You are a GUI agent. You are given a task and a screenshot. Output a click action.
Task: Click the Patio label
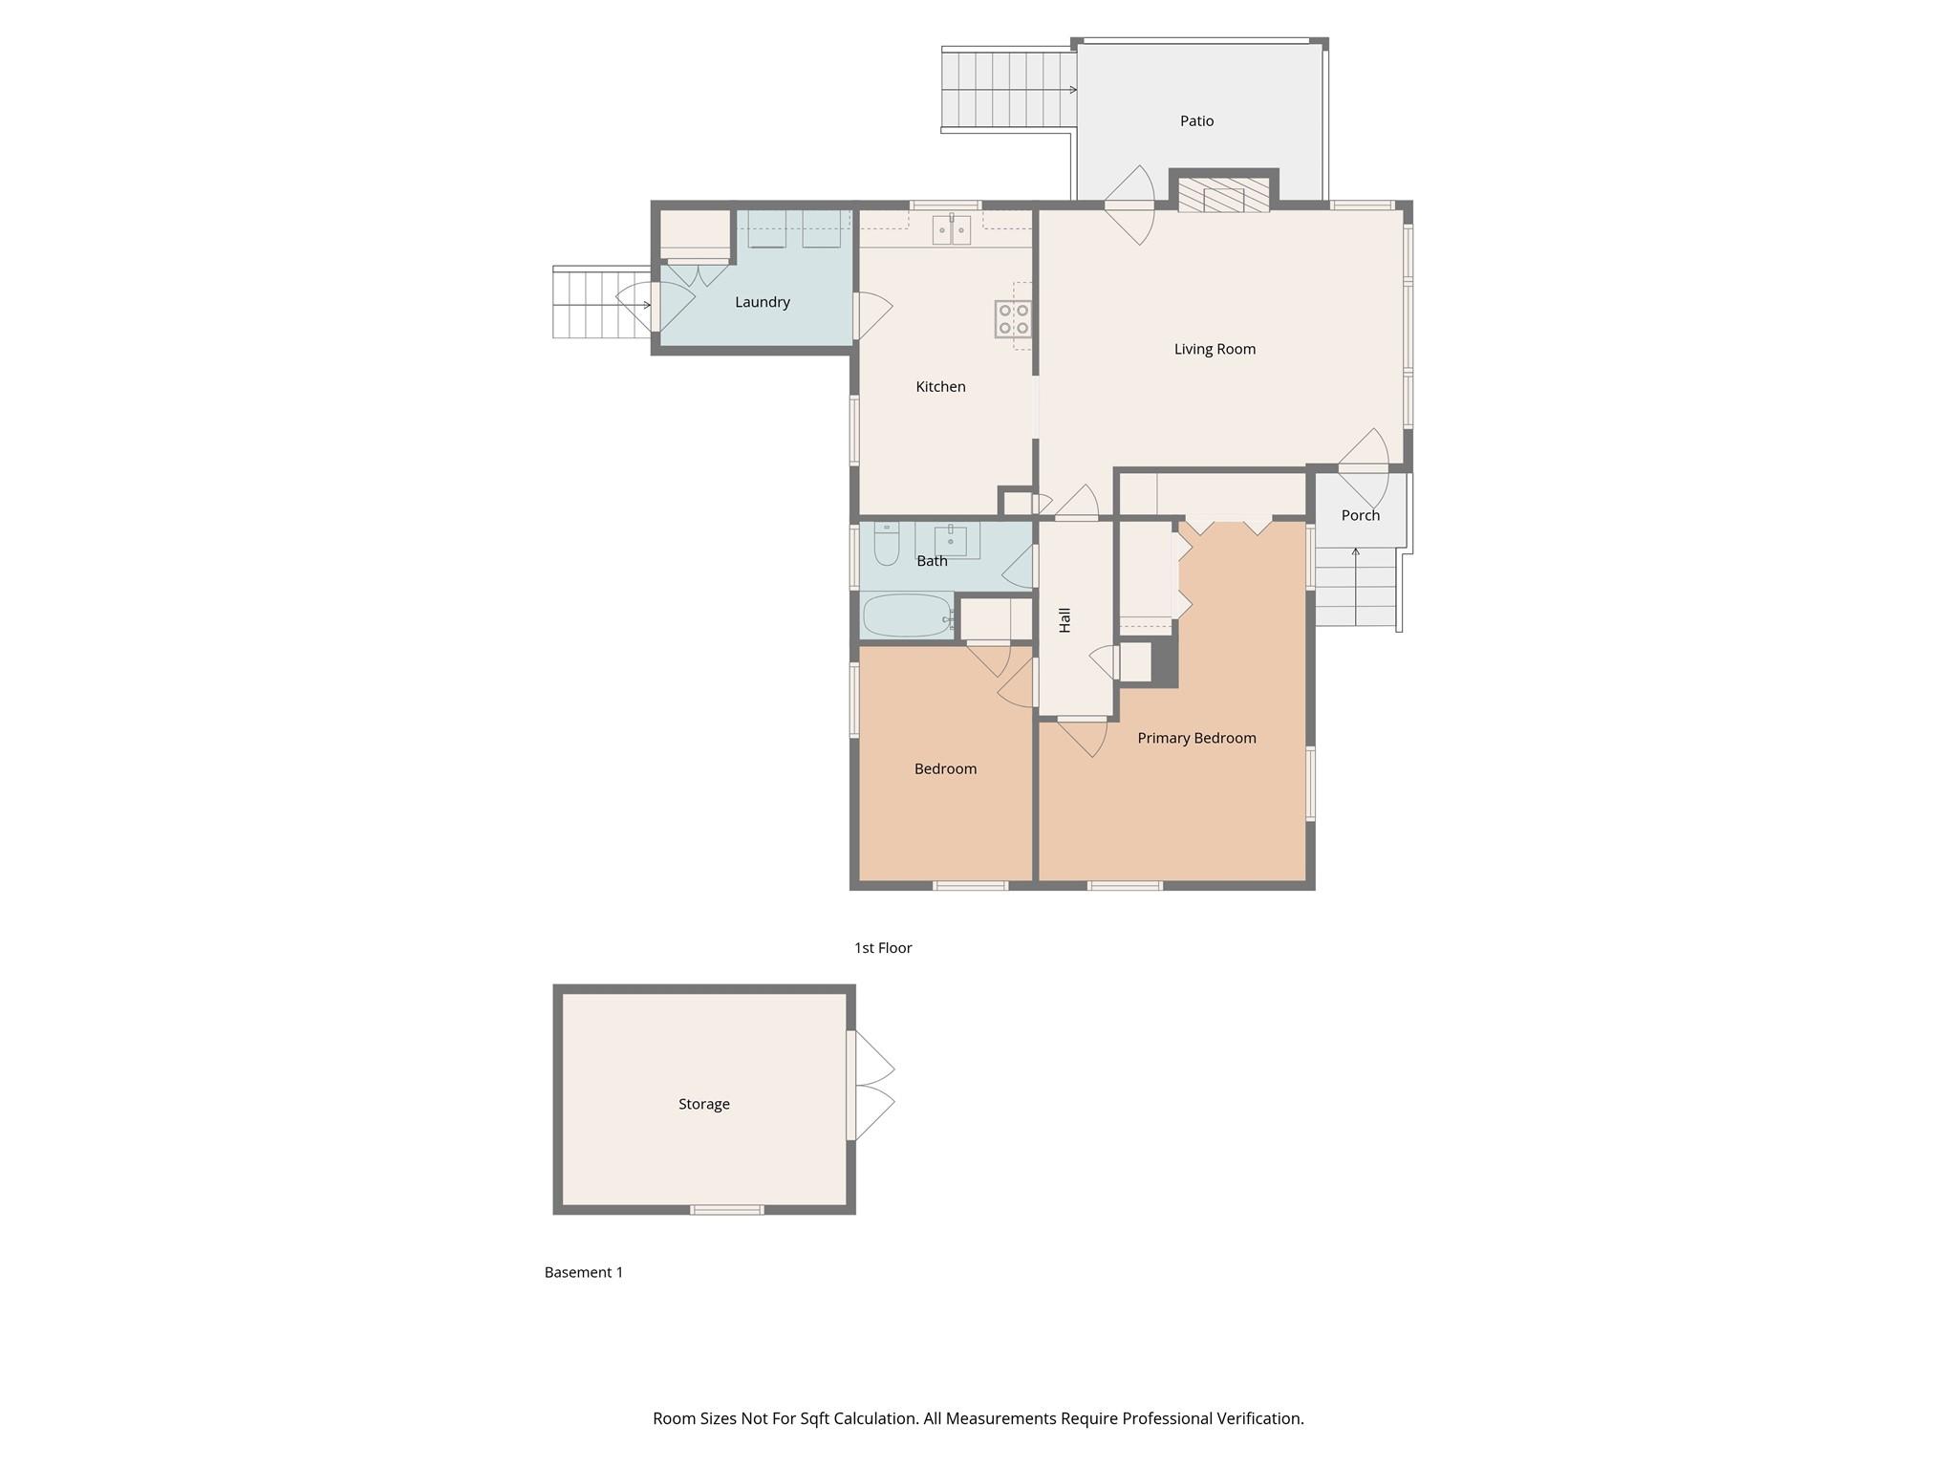coord(1196,121)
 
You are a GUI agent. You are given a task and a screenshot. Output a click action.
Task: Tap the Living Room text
coord(1215,349)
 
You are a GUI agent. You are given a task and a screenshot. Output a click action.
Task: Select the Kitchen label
coord(940,387)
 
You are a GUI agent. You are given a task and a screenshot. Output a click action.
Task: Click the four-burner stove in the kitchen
coord(1013,318)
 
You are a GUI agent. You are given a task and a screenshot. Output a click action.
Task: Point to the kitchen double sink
coord(952,230)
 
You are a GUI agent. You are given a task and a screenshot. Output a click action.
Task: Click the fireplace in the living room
coord(1223,196)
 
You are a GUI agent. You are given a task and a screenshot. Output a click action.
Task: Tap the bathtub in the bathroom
coord(907,615)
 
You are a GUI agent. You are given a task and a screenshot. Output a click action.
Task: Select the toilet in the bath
coord(887,545)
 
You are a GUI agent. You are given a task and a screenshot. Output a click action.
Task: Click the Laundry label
coord(762,302)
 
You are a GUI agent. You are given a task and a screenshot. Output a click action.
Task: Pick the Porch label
coord(1360,516)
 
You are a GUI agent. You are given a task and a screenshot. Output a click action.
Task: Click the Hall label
coord(1065,619)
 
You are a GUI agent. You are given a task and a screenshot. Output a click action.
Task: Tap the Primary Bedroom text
coord(1196,738)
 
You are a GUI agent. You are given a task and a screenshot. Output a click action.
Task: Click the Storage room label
coord(703,1104)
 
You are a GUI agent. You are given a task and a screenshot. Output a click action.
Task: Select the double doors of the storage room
coord(871,1085)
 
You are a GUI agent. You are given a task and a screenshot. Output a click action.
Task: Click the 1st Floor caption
coord(883,948)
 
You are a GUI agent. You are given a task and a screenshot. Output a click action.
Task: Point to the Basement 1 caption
coord(583,1272)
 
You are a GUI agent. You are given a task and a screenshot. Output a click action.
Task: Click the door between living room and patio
coord(1130,205)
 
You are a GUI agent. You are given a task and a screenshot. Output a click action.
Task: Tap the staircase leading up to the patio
coord(1008,90)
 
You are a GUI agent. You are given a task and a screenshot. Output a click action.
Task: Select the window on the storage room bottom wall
coord(726,1210)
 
